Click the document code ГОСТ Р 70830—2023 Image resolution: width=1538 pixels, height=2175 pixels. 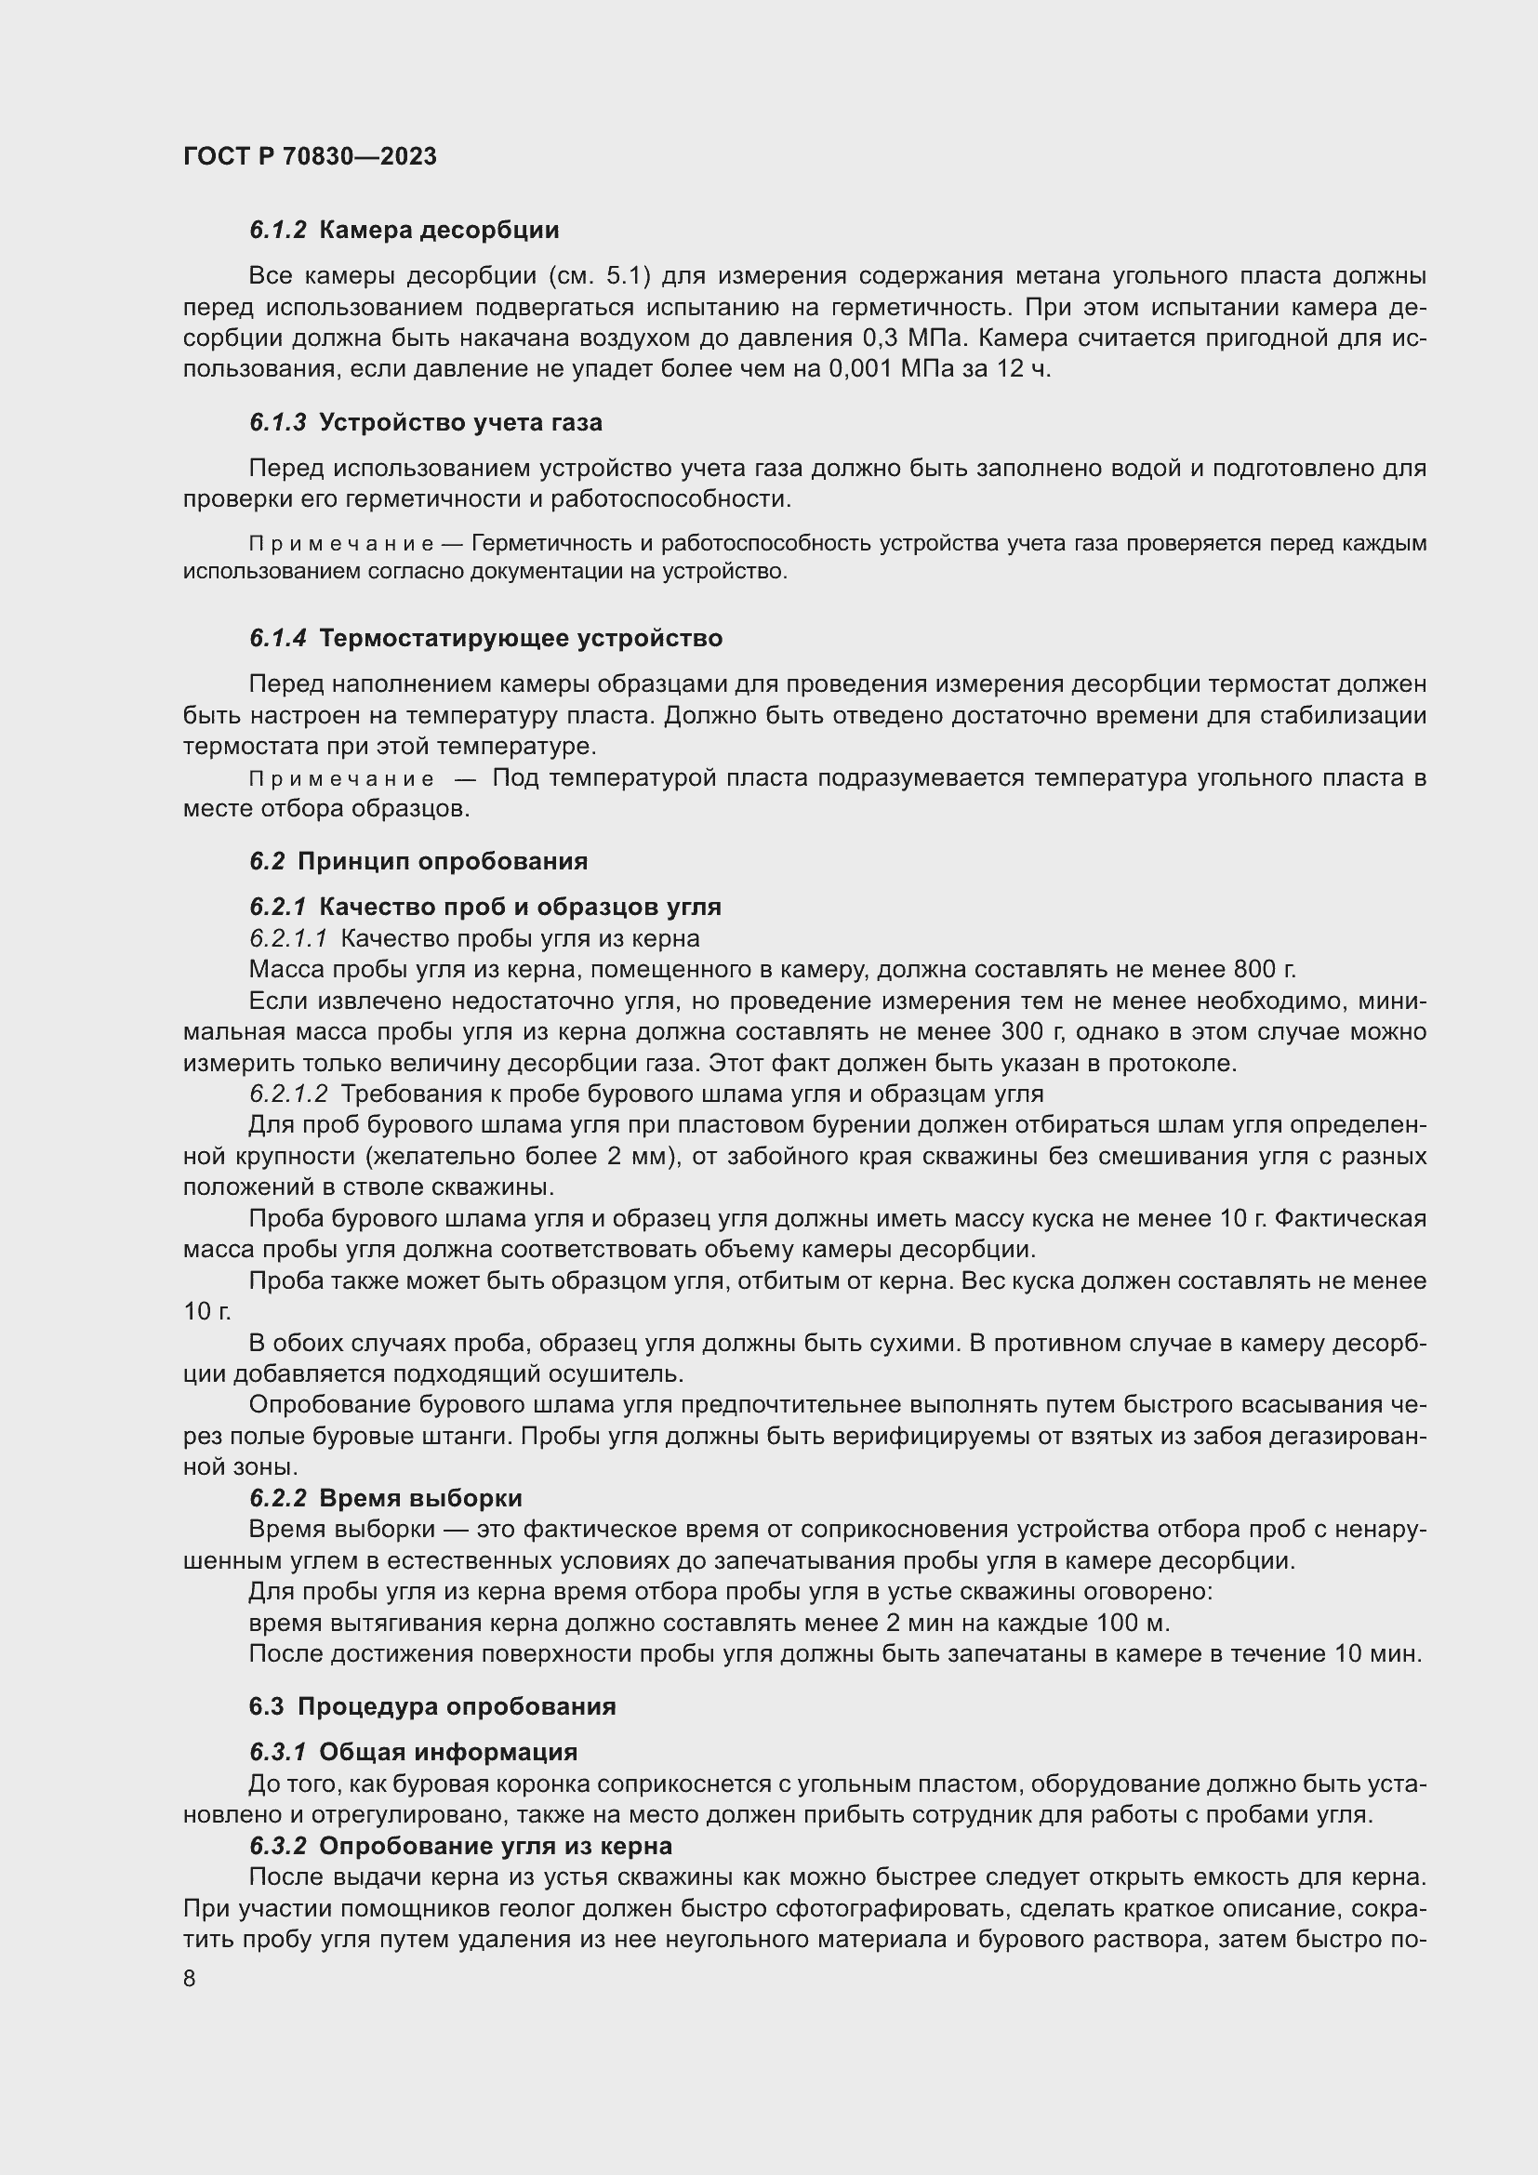[310, 156]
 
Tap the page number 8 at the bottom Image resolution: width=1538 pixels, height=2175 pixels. [190, 1979]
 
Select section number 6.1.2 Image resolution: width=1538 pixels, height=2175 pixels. [277, 231]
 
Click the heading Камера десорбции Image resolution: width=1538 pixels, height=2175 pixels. [440, 231]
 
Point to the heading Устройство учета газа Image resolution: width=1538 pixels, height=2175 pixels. [460, 422]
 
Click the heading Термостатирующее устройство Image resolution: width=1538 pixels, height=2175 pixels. [521, 639]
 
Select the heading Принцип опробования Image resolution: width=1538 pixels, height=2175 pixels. [443, 861]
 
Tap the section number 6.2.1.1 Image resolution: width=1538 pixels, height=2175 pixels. [288, 938]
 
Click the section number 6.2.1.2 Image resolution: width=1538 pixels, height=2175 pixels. [288, 1094]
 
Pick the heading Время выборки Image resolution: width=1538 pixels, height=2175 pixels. [420, 1498]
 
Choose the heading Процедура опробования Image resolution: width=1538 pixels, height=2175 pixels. [457, 1706]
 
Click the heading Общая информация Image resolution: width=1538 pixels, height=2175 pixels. [448, 1752]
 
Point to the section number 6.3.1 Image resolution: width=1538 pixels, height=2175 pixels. [277, 1752]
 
